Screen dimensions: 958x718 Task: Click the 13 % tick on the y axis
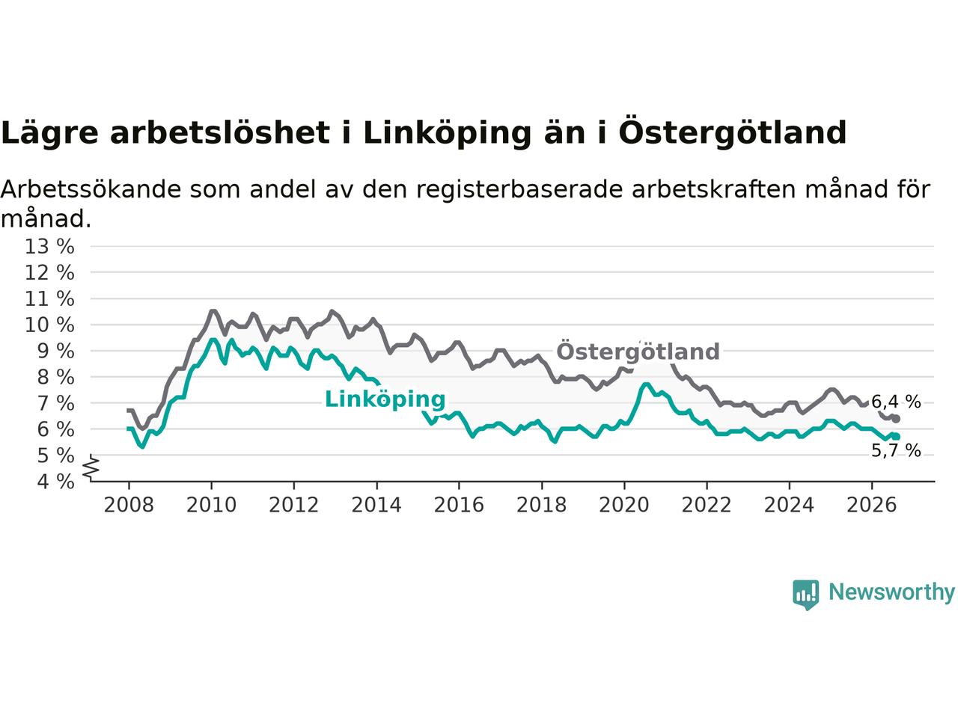pos(49,247)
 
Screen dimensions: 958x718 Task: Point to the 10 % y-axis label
pos(49,325)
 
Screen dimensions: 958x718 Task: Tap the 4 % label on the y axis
pos(55,482)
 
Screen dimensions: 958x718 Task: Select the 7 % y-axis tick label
pos(55,404)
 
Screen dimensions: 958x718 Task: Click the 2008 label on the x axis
pos(129,506)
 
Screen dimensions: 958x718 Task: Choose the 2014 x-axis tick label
pos(376,506)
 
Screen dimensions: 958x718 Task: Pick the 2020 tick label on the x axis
pos(624,506)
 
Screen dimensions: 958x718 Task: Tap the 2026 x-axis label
pos(872,506)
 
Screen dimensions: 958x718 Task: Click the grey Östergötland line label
pos(638,351)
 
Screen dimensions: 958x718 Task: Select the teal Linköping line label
pos(385,399)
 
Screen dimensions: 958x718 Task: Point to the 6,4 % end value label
pos(896,402)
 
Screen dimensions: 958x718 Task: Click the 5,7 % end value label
pos(896,450)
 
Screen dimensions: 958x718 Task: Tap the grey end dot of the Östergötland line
pos(896,419)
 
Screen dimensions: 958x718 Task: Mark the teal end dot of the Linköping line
pos(896,437)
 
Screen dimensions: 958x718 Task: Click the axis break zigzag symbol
pos(91,467)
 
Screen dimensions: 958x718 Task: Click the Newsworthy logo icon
pos(805,595)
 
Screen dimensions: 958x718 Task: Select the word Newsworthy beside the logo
pos(891,592)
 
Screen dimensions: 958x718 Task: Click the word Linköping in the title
pos(447,134)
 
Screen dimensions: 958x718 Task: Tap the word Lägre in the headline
pos(49,134)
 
